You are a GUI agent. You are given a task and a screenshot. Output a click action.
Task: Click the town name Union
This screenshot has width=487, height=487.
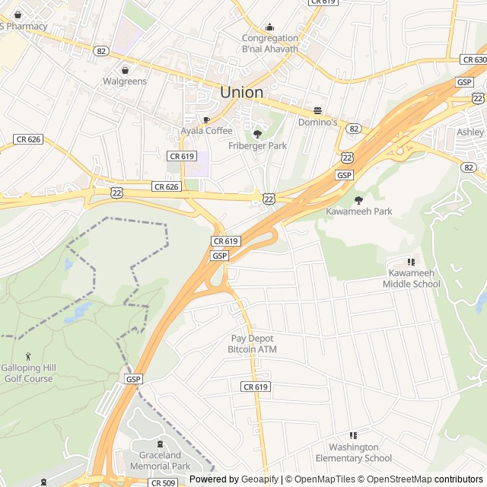click(x=241, y=92)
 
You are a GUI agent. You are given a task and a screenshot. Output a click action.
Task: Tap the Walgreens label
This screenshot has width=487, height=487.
click(x=125, y=81)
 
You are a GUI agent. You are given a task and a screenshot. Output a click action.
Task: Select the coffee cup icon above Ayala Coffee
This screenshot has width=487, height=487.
click(x=206, y=119)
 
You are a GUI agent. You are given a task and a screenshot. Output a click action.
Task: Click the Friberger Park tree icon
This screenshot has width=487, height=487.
click(x=257, y=134)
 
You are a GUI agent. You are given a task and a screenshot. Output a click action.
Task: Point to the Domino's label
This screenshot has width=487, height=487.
click(x=317, y=122)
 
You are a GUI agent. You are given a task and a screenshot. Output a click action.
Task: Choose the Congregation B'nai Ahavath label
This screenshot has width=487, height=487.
click(x=269, y=43)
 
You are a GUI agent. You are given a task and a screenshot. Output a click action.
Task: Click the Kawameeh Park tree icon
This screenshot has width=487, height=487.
click(x=358, y=199)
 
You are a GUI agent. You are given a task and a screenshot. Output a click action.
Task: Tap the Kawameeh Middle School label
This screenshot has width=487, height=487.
click(x=414, y=279)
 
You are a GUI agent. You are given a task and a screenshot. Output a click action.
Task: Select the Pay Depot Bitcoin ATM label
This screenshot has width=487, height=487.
click(x=252, y=344)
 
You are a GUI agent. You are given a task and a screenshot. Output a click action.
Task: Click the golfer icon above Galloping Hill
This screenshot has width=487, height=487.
click(x=28, y=356)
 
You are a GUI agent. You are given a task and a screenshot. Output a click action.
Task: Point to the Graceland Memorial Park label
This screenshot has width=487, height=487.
click(x=160, y=461)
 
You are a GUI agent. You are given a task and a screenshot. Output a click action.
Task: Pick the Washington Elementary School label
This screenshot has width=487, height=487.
click(x=353, y=453)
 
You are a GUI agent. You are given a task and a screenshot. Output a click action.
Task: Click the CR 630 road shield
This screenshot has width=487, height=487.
click(x=473, y=59)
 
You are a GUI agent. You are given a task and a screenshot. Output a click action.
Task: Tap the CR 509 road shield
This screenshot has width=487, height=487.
click(x=163, y=482)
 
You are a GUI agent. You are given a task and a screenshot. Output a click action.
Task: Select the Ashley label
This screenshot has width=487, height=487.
click(x=470, y=132)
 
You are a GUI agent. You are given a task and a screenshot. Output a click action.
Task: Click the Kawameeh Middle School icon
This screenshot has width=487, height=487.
click(x=412, y=262)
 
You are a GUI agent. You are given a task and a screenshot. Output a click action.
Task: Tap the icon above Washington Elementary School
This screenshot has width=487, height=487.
click(x=352, y=434)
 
